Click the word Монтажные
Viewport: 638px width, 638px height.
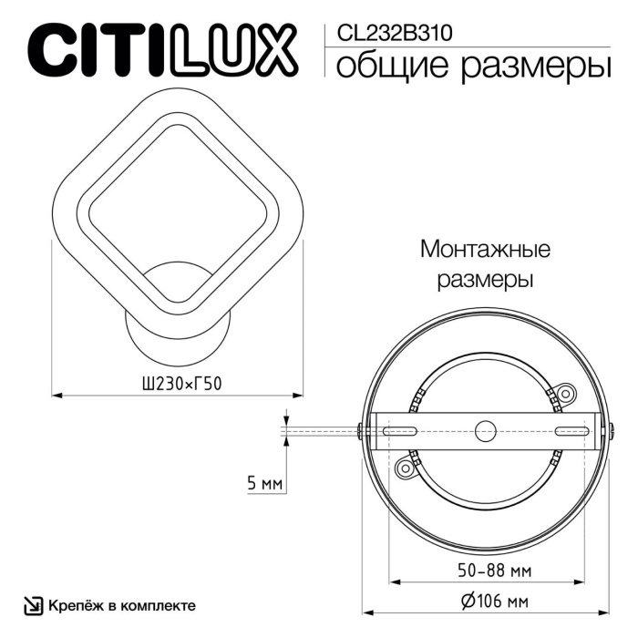[x=485, y=248]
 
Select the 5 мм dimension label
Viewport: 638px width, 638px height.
[x=265, y=483]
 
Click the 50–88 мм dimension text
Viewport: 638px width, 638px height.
[x=483, y=571]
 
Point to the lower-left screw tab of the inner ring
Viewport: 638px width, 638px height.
[x=403, y=467]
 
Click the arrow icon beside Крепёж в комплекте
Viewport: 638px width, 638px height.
[x=33, y=605]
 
